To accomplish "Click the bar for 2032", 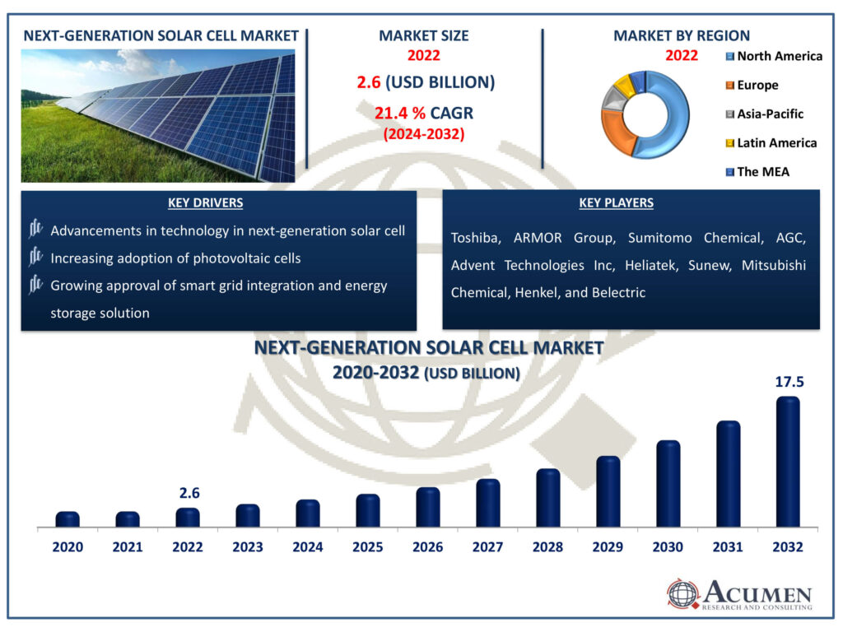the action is pos(788,462).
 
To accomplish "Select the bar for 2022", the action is pos(188,518).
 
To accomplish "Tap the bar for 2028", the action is pos(547,498).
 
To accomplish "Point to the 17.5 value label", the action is pos(789,382).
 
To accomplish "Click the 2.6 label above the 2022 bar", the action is pos(189,493).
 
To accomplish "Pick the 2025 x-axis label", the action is pos(368,547).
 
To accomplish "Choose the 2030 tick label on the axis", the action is pos(668,547).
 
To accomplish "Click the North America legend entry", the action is pos(774,56).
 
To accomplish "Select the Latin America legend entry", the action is pos(771,143).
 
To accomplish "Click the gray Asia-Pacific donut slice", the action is pos(612,99).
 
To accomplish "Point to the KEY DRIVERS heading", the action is pos(205,202).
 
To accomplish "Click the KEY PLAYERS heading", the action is pos(616,202).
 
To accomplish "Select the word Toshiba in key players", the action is pos(476,238).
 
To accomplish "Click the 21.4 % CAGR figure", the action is pos(424,113).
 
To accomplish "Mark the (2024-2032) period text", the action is pos(424,134).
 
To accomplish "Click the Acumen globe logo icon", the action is pos(682,594).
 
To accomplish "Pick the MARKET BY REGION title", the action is pos(681,35).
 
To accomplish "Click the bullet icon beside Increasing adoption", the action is pos(35,257).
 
